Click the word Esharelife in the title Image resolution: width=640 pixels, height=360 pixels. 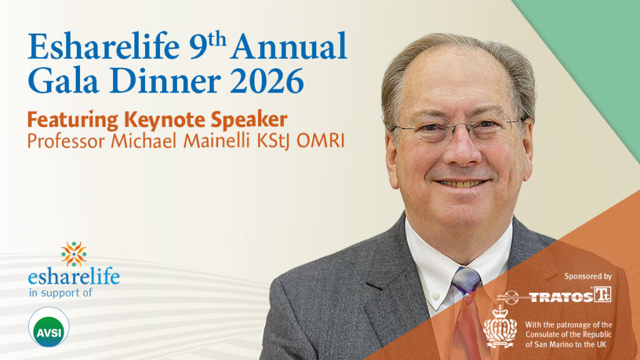[x=104, y=46]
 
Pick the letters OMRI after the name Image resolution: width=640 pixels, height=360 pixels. [x=321, y=141]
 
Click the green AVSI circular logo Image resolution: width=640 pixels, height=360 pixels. [x=49, y=327]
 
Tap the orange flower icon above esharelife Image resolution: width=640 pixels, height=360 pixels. [x=74, y=254]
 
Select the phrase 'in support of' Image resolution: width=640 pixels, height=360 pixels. [x=61, y=292]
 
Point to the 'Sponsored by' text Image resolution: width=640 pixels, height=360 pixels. [x=588, y=276]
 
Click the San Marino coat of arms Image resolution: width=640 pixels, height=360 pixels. [x=500, y=326]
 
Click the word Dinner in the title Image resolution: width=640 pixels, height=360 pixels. [x=165, y=81]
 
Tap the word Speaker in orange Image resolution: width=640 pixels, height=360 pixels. [x=249, y=120]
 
